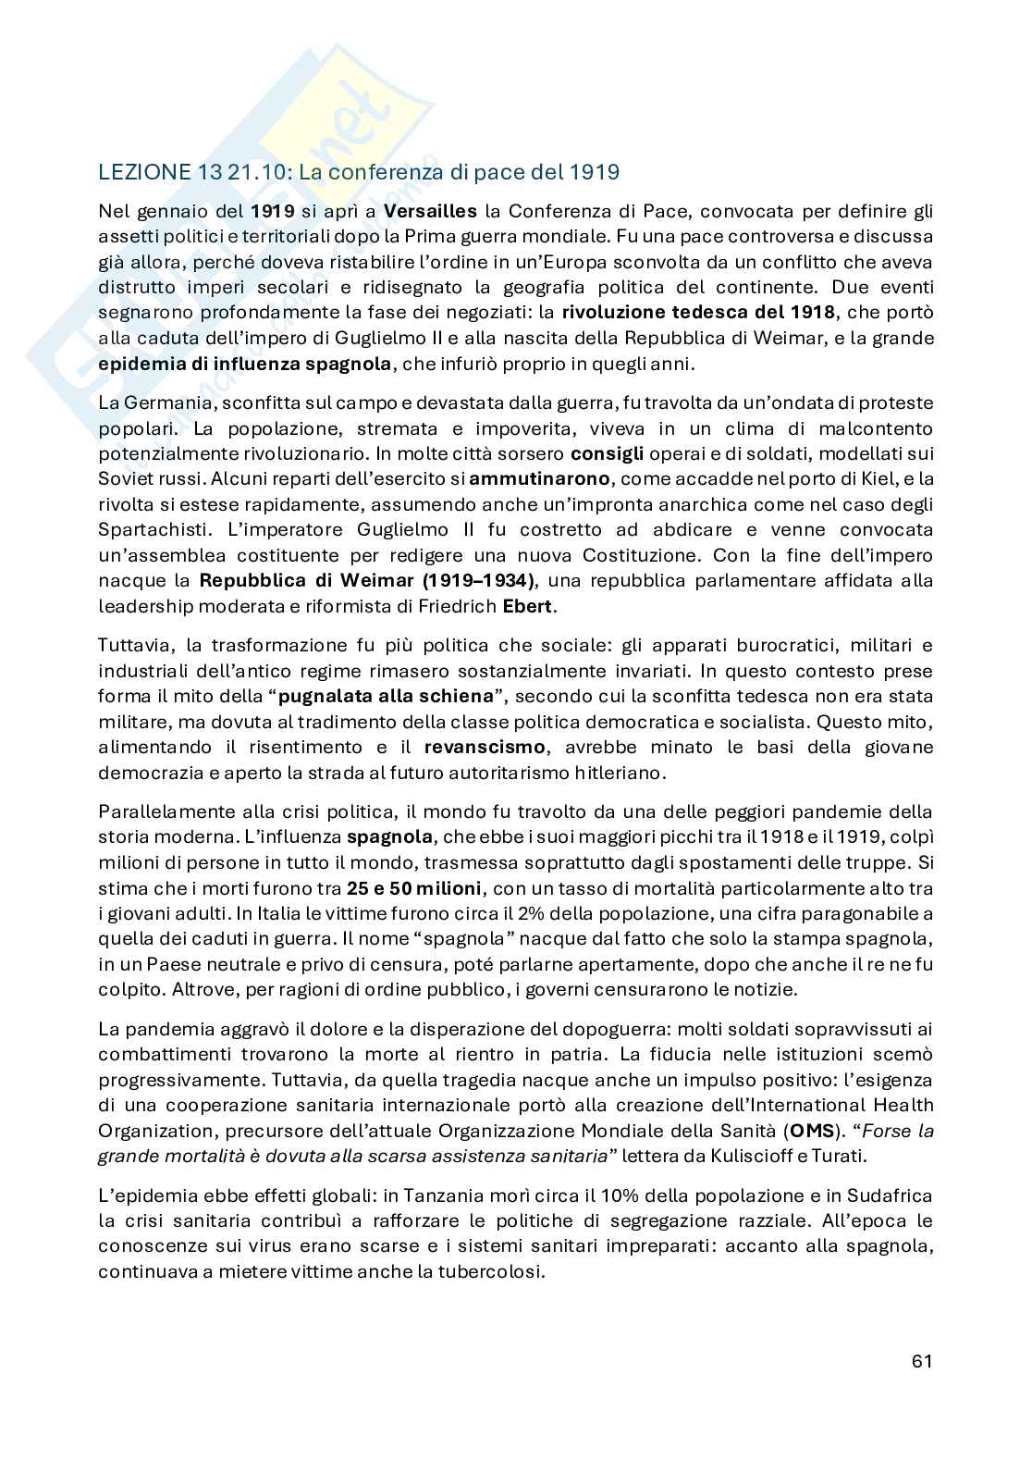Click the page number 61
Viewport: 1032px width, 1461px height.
921,1361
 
